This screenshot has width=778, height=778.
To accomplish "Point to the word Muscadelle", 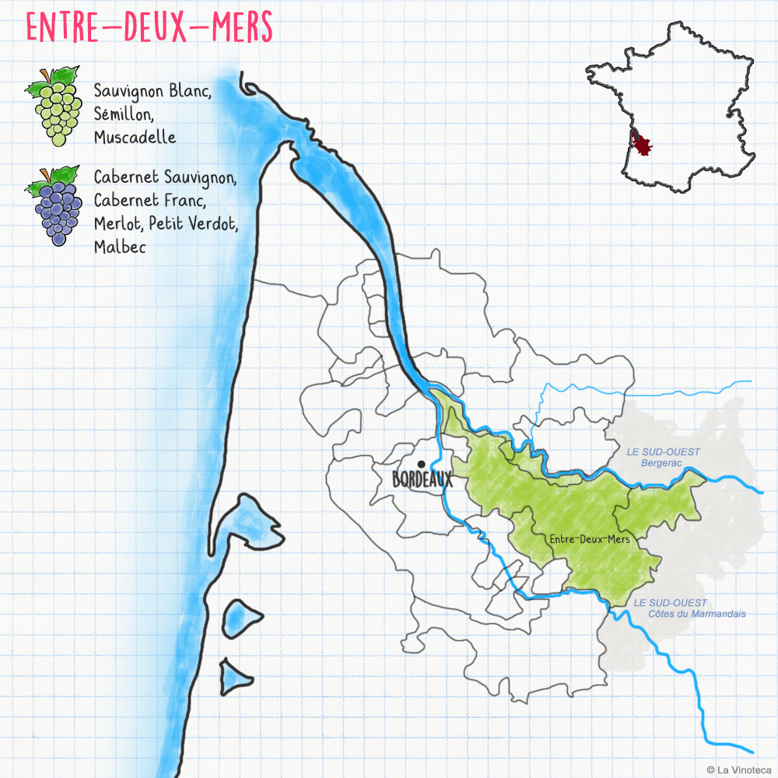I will click(x=135, y=138).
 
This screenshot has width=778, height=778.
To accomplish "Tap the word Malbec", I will click(x=120, y=247).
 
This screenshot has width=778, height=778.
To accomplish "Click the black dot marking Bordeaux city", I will click(x=421, y=464).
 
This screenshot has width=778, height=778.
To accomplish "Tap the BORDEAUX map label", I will click(x=422, y=481).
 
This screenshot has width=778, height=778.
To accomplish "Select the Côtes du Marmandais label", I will click(x=697, y=614).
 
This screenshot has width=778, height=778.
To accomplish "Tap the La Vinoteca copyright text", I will click(x=739, y=769).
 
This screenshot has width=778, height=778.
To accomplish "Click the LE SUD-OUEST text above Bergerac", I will click(x=663, y=452).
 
